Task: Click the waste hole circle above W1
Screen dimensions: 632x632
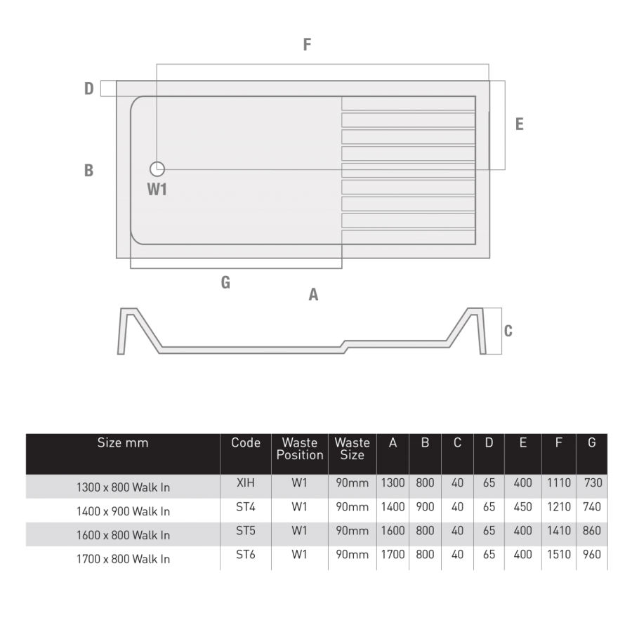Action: point(157,169)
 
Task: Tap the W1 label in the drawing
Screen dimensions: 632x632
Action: point(157,189)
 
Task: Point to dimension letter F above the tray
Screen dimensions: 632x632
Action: point(307,45)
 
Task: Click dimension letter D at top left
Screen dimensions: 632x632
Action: point(89,88)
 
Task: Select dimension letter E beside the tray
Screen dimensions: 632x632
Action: point(519,124)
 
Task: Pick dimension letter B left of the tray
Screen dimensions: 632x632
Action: point(88,171)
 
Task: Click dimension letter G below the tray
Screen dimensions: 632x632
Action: point(225,282)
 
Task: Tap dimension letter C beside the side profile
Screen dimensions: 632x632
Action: point(508,331)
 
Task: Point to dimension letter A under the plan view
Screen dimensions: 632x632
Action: point(313,295)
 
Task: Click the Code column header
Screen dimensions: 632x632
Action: point(246,443)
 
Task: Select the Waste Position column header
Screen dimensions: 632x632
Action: point(300,449)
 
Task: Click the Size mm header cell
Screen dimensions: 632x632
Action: point(123,443)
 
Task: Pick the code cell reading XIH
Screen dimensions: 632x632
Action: point(246,483)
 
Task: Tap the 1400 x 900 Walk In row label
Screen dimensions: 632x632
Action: point(123,511)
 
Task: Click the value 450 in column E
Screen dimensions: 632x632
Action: point(523,507)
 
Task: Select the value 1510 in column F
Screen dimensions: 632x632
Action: point(559,554)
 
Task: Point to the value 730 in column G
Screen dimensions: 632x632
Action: point(593,483)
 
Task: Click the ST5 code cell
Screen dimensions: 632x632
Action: point(246,531)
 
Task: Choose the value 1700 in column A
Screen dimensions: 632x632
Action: point(393,554)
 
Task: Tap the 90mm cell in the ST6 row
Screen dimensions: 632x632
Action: point(352,554)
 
